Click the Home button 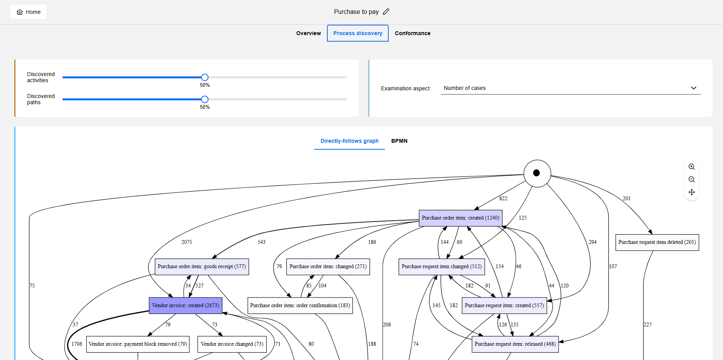tap(29, 12)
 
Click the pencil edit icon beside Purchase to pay tap(386, 12)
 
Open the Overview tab tap(308, 33)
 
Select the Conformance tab tap(412, 33)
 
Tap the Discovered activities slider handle tap(205, 78)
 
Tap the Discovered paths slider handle tap(205, 100)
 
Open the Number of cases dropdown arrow tap(693, 88)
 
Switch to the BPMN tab tap(399, 141)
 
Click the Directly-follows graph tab tap(349, 141)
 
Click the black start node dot tap(537, 173)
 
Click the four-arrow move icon tap(691, 192)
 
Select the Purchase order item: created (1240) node tap(461, 218)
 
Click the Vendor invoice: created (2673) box tap(186, 306)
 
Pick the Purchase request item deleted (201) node tap(657, 242)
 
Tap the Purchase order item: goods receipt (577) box tap(201, 267)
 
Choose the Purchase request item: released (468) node tap(515, 344)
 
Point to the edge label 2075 tap(187, 242)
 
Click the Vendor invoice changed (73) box tap(232, 344)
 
